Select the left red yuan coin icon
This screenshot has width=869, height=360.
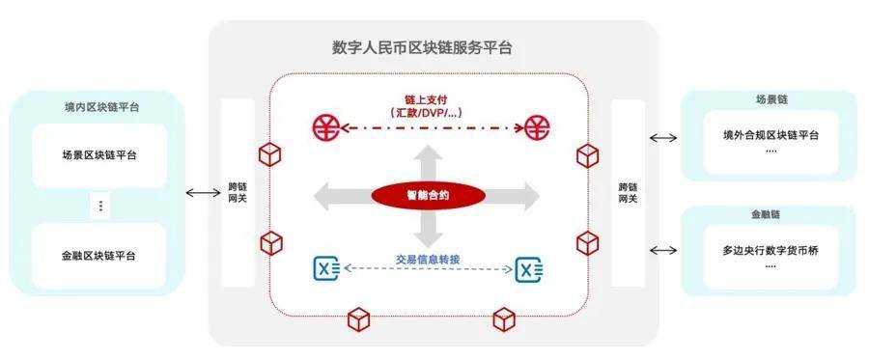326,126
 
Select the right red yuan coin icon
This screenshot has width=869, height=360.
537,126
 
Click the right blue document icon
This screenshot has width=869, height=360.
527,268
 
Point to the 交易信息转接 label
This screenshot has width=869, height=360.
428,259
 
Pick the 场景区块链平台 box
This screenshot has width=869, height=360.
98,154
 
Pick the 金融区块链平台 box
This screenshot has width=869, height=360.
98,256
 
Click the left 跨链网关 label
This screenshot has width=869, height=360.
238,191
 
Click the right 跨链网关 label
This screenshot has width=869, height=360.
627,191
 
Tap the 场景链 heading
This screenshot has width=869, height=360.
768,99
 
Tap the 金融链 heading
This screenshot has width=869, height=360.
768,213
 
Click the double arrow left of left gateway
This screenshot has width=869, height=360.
202,193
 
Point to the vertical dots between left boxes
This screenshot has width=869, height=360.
100,206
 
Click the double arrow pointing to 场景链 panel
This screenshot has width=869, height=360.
663,138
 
